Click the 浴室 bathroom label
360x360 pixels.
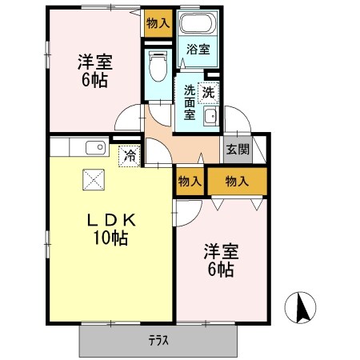198,50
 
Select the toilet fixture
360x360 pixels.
158,66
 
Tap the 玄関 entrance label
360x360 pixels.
236,148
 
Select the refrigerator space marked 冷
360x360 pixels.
129,156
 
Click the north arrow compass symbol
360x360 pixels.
302,306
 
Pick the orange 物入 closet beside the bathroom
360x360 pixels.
158,22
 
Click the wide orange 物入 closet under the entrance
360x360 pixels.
237,182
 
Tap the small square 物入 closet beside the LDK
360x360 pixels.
190,182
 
